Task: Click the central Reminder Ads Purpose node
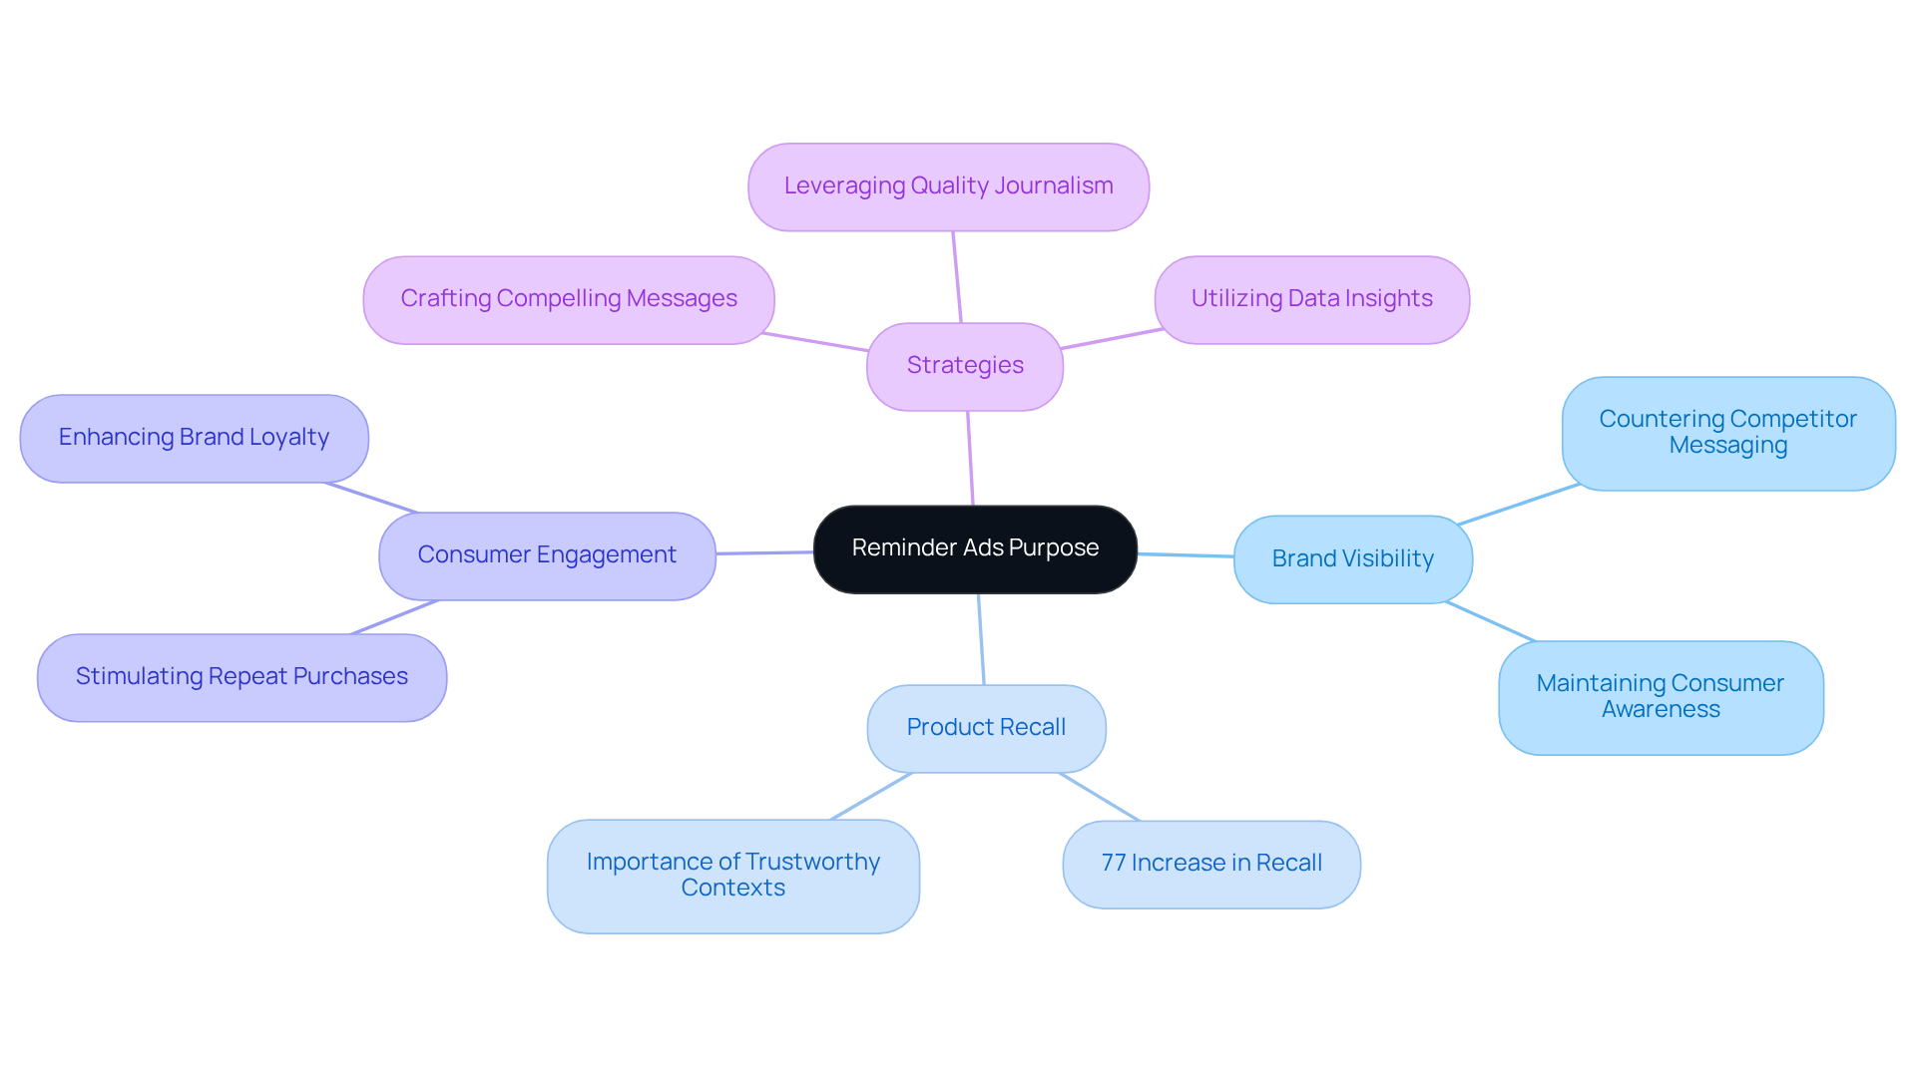pos(975,548)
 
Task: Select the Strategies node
pos(965,366)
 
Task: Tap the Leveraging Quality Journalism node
pos(948,186)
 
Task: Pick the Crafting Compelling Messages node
pos(568,299)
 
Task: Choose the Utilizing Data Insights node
pos(1311,299)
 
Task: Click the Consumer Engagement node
pos(547,555)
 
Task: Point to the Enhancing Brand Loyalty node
pos(194,438)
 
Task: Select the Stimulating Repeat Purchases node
pos(241,677)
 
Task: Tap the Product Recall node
pos(986,728)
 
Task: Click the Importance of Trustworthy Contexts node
pos(732,876)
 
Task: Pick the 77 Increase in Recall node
pos(1211,864)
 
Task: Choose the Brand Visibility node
pos(1352,558)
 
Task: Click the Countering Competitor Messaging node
pos(1727,433)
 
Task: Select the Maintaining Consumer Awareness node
pos(1661,697)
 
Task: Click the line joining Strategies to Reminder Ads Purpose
pos(970,459)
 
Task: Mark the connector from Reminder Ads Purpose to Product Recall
pos(981,639)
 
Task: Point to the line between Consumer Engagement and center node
pos(764,552)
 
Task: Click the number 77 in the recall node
pos(1113,864)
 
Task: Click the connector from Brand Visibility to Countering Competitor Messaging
pos(1518,505)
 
